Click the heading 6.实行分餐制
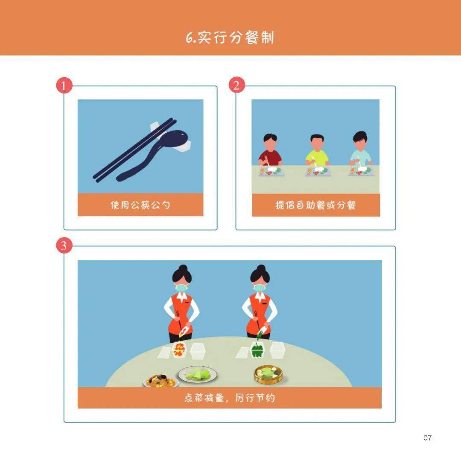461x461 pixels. pos(230,38)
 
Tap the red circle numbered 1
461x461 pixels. pos(64,86)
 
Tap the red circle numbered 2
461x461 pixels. pos(236,85)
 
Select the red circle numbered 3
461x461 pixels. pos(64,246)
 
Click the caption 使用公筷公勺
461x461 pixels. pos(140,205)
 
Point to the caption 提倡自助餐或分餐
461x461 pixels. pos(315,205)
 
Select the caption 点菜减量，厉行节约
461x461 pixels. pos(229,398)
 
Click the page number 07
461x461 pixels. pos(427,438)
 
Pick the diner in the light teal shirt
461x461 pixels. pos(361,151)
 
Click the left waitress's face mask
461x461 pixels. pos(181,288)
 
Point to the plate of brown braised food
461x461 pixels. pos(160,380)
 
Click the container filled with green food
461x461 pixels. pos(258,351)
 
